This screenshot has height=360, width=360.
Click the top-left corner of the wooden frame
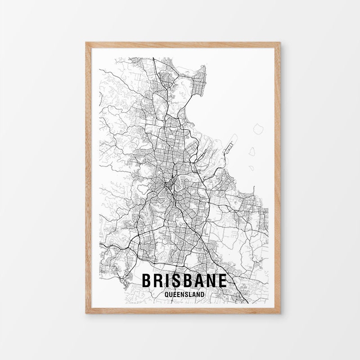86,42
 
